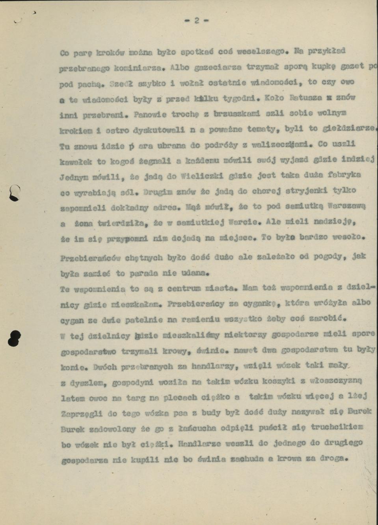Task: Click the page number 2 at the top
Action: coord(196,21)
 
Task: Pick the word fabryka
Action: coord(344,174)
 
